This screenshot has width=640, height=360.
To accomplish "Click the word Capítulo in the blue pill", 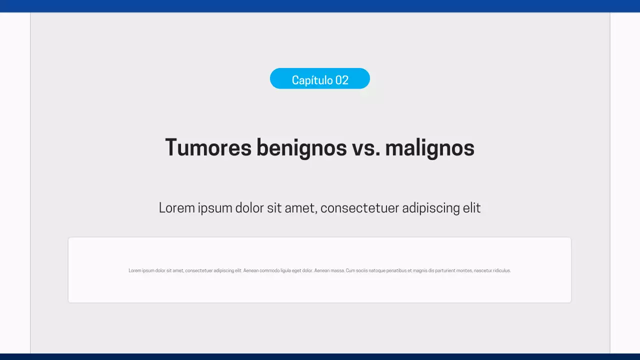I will (x=312, y=80).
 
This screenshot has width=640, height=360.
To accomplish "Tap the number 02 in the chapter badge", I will (x=342, y=80).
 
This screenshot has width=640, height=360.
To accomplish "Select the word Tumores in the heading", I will (x=208, y=147).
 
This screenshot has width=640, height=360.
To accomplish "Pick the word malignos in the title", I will (x=429, y=147).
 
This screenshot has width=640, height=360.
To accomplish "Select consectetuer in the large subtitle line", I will (x=359, y=207).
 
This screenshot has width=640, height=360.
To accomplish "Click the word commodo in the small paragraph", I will (x=269, y=270).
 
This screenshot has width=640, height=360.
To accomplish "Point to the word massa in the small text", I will (x=337, y=270).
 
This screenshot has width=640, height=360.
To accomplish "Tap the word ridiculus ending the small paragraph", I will (x=501, y=270).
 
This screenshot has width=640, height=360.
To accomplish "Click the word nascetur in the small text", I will (x=482, y=270).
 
